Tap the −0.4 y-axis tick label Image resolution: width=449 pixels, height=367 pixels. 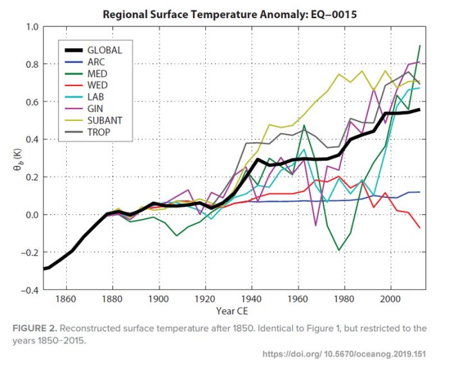[29, 291]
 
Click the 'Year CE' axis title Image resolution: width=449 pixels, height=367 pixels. [233, 312]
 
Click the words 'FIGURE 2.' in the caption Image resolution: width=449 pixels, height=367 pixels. [37, 328]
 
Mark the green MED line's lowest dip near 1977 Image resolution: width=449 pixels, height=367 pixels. [339, 250]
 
